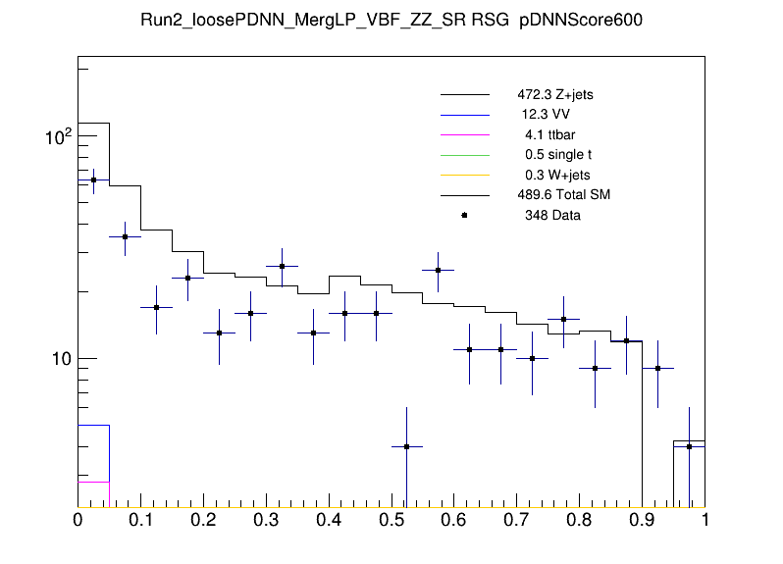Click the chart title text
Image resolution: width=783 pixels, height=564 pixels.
tap(391, 23)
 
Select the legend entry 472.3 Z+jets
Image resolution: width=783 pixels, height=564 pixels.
tap(555, 95)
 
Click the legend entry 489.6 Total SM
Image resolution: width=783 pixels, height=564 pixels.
tap(564, 195)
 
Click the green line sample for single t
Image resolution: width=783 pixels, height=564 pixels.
tap(464, 155)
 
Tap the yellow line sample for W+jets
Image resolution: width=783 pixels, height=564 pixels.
tap(464, 175)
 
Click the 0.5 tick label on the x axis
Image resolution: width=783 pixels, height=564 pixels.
tap(391, 521)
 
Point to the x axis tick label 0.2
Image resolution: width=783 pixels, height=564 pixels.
tap(203, 521)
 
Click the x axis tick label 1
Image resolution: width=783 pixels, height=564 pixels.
tap(705, 521)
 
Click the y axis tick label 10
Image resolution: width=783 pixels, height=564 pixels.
tap(61, 360)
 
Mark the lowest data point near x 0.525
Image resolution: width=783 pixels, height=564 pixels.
tap(407, 446)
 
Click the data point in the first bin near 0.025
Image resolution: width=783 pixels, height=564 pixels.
tap(93, 179)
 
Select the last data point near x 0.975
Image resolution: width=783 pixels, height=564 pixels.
tap(690, 446)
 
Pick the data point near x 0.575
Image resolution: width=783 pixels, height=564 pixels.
tap(439, 270)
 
